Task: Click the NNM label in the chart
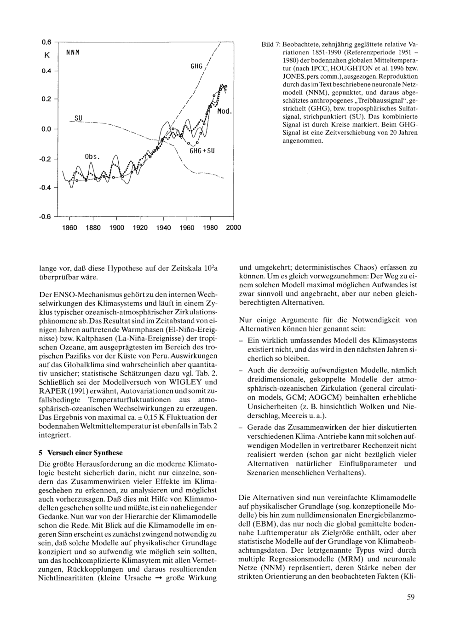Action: [70, 52]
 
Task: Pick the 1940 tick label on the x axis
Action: [163, 227]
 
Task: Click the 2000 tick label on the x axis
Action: [233, 227]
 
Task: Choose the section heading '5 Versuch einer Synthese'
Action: [80, 452]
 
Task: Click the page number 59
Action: [411, 597]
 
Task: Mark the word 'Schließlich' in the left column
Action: [58, 382]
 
